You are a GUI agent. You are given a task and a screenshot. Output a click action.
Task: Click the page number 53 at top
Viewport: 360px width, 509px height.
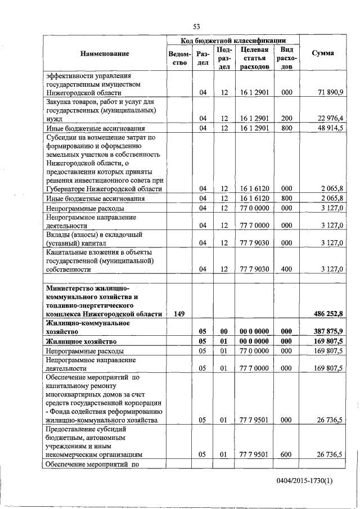coord(196,26)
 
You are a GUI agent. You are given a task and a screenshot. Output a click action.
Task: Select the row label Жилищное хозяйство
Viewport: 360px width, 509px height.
coord(81,341)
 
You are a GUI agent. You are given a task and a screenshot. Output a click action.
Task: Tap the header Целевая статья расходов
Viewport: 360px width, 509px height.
coord(254,58)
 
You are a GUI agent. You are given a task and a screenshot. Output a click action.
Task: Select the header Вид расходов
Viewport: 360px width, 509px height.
coord(286,58)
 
